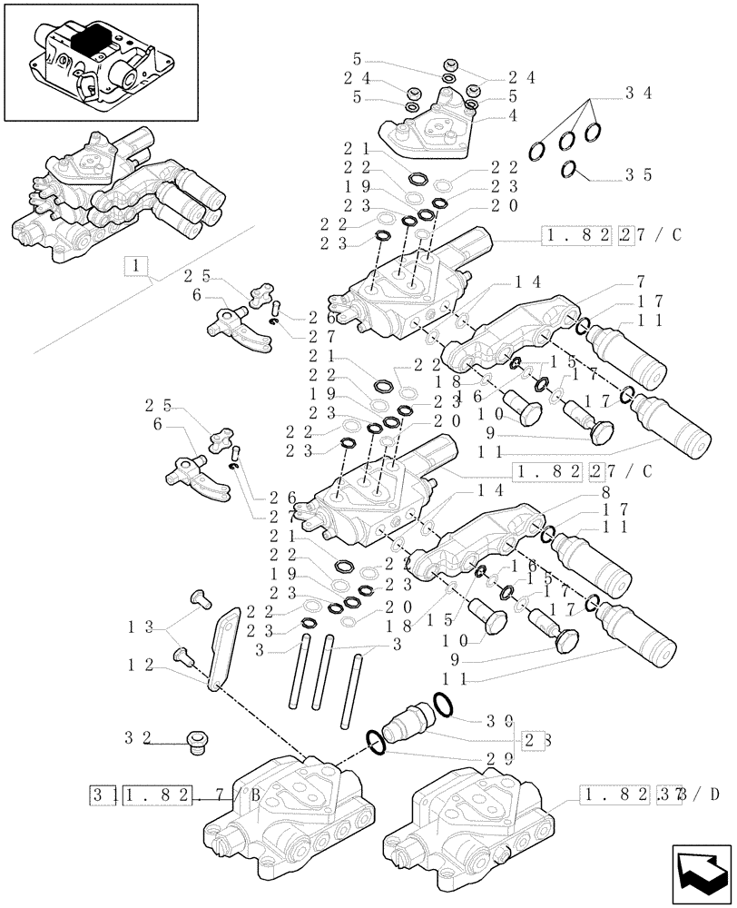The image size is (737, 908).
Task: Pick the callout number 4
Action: pos(514,115)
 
